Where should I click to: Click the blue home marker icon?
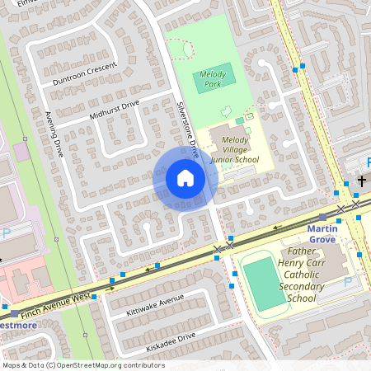pos(185,178)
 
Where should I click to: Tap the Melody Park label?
pos(214,80)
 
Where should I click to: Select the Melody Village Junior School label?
pos(228,148)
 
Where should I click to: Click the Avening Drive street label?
pos(54,134)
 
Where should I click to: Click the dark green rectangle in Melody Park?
pos(214,80)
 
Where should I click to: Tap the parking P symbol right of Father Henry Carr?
pos(347,282)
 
